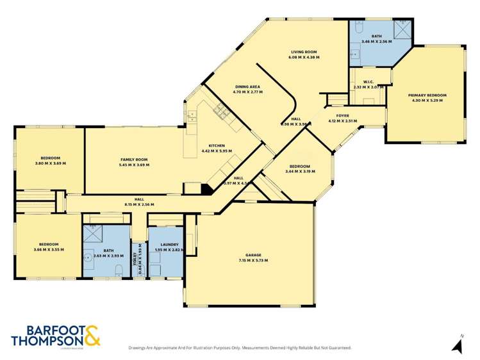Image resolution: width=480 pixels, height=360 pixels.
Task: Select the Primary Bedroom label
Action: click(x=427, y=95)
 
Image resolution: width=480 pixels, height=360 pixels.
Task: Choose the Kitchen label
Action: click(x=216, y=146)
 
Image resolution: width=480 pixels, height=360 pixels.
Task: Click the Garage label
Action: click(x=253, y=255)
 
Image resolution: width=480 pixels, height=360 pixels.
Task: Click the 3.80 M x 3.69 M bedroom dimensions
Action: click(x=50, y=163)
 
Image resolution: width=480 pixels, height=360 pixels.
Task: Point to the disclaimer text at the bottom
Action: click(x=240, y=348)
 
